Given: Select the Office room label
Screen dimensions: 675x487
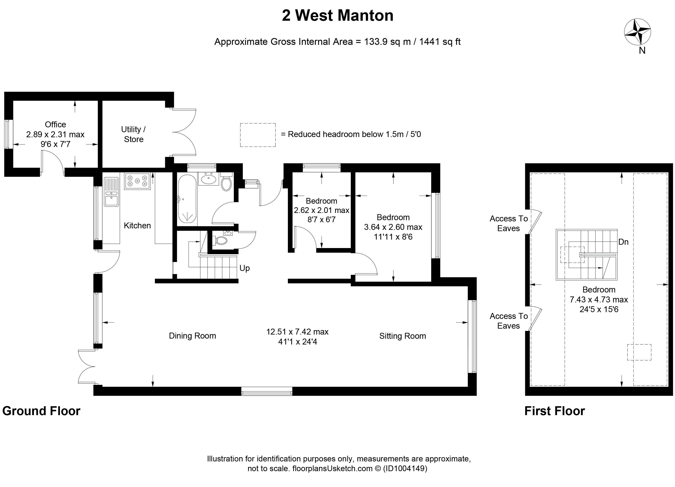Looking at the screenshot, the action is point(55,124).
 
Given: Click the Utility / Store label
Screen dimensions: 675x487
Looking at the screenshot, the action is point(133,134).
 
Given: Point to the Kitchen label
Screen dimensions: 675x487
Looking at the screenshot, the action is point(137,225).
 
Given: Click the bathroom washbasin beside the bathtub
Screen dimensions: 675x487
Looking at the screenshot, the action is point(209,179).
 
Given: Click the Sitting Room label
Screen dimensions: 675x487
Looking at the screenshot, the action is point(402,336).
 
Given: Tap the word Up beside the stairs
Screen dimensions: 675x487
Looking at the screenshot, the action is point(245,268).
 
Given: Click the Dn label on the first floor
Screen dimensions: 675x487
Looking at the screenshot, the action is point(624,242).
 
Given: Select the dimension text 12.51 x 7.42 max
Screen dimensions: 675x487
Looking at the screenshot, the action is point(297,332).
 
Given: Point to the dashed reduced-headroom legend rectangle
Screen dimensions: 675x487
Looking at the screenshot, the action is point(258,135).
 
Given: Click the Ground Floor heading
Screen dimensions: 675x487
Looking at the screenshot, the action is point(41,411).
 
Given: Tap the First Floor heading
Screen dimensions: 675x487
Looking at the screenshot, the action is point(555,411).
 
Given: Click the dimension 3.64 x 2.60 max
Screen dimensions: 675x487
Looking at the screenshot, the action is point(393,227).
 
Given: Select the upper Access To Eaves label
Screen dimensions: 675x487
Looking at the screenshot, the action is point(509,223).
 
